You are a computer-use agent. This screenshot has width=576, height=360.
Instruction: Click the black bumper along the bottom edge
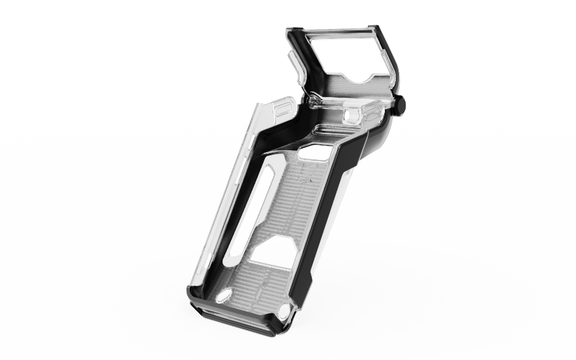[x=233, y=318]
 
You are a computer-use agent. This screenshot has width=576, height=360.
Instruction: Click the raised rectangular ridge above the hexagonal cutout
[x=327, y=130]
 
